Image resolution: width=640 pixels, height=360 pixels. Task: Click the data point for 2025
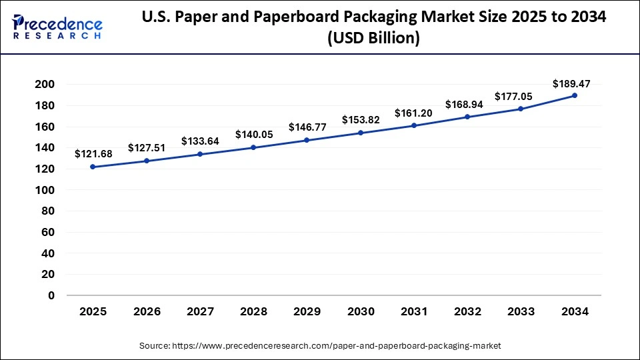pyautogui.click(x=93, y=167)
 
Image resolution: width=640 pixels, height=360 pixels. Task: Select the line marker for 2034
pyautogui.click(x=574, y=95)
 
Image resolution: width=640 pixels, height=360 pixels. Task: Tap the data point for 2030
pyautogui.click(x=360, y=133)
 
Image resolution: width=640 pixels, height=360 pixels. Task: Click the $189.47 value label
pyautogui.click(x=571, y=83)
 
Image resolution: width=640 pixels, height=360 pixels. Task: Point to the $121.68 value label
pyautogui.click(x=93, y=154)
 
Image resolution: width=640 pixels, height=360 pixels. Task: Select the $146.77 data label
pyautogui.click(x=307, y=127)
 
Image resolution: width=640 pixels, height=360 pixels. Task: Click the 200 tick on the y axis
pyautogui.click(x=46, y=85)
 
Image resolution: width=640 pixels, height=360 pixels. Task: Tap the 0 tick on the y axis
pyautogui.click(x=51, y=295)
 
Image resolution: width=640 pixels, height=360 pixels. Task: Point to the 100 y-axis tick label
pyautogui.click(x=46, y=190)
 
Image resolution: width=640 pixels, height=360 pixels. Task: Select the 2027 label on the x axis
pyautogui.click(x=199, y=312)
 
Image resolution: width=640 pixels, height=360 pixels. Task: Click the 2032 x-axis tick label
pyautogui.click(x=467, y=312)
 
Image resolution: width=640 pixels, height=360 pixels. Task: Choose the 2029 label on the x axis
pyautogui.click(x=307, y=312)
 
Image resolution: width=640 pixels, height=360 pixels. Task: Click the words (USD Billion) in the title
pyautogui.click(x=373, y=39)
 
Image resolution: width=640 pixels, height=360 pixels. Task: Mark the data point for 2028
pyautogui.click(x=253, y=147)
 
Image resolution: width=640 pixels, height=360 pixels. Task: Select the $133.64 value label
pyautogui.click(x=199, y=141)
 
